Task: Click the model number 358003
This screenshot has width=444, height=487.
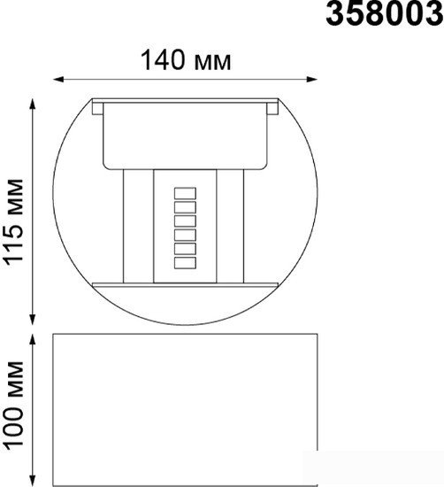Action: click(385, 13)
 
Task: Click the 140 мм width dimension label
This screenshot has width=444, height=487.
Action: click(186, 60)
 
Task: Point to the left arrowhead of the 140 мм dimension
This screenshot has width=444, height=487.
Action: click(58, 79)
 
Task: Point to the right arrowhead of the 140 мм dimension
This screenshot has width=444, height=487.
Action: click(312, 79)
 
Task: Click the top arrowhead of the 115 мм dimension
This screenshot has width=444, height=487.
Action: click(32, 104)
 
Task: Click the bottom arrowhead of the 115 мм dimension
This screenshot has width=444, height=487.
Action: click(32, 320)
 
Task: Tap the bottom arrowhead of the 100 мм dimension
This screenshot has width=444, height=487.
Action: click(32, 481)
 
